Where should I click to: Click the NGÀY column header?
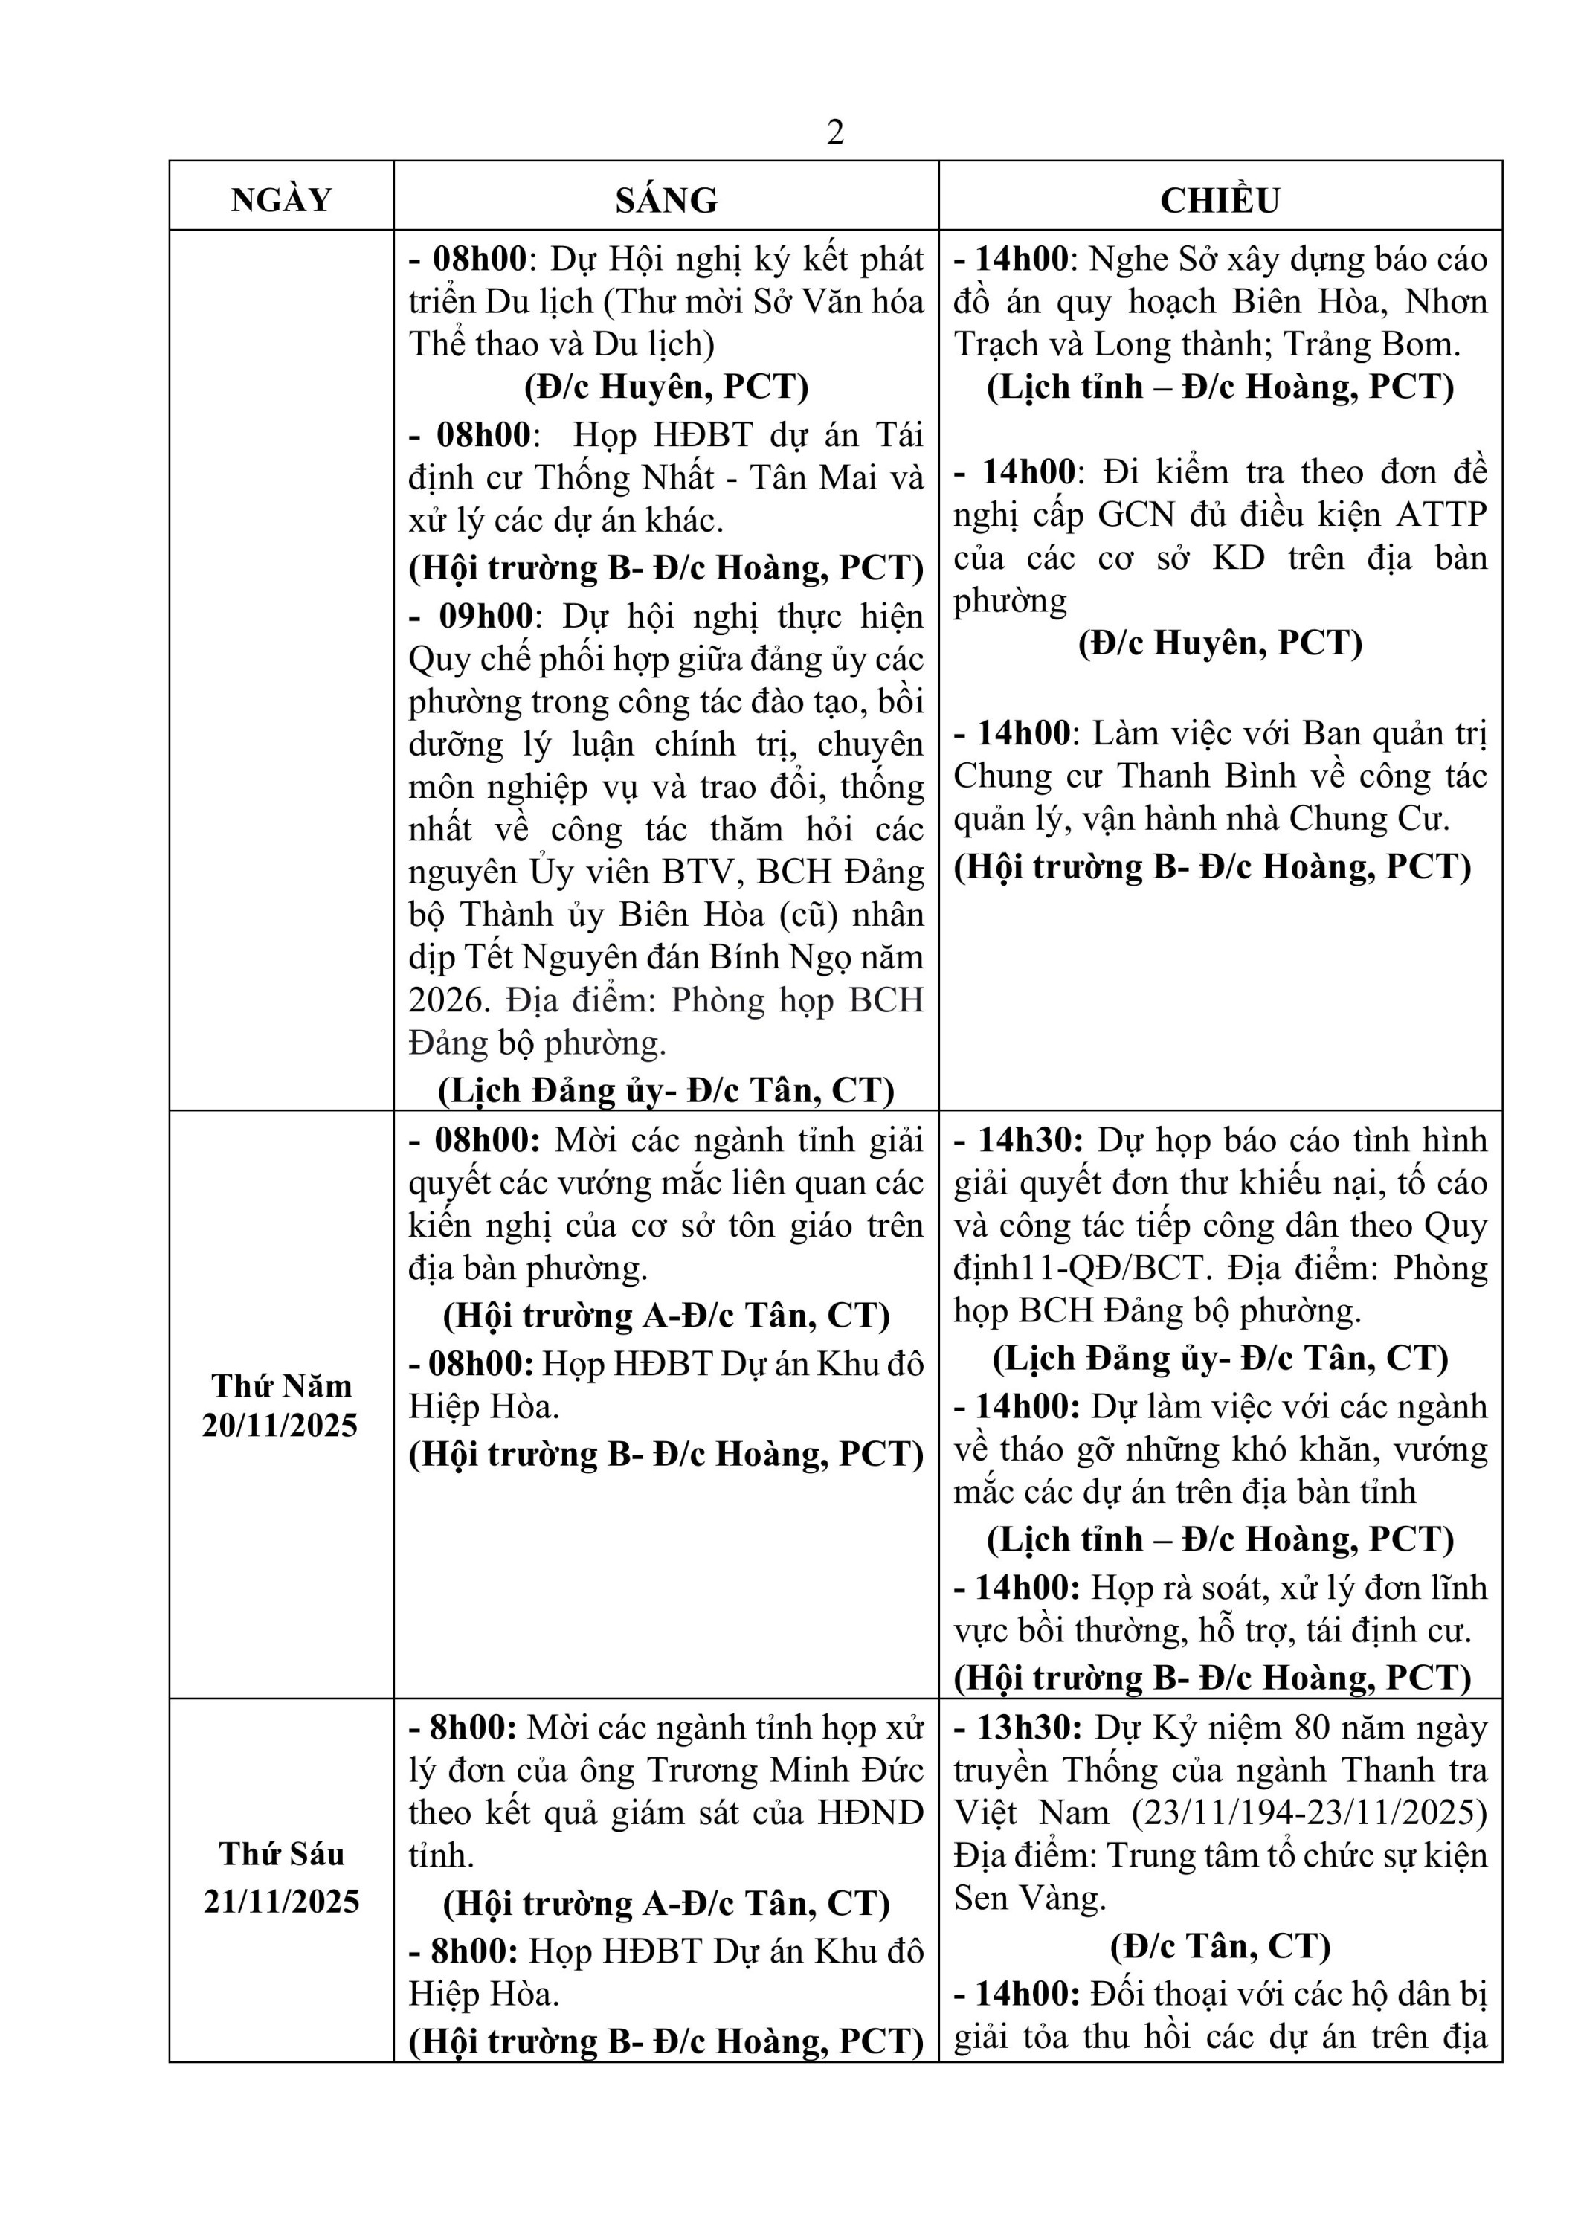point(282,199)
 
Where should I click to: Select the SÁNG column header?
point(666,199)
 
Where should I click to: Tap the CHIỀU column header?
point(1220,199)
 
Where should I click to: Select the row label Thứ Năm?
point(282,1385)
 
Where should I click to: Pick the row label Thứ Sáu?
point(282,1853)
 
